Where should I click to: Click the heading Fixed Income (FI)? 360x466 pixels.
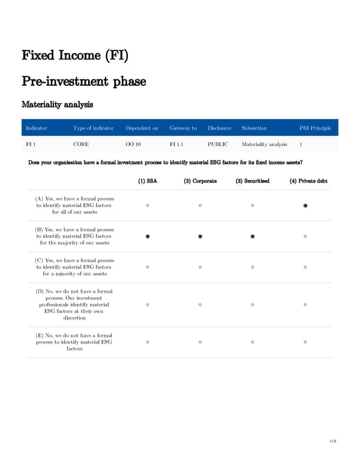75,56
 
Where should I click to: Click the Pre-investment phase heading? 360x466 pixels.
83,80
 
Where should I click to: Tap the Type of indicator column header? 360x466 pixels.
93,128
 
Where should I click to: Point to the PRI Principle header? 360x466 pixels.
316,128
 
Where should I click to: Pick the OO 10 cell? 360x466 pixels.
133,144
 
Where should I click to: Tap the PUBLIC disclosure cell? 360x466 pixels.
218,144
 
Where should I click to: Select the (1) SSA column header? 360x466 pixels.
147,181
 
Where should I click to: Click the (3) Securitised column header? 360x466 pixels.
252,181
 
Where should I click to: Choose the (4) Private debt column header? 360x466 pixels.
305,181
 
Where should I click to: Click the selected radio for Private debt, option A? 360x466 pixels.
305,206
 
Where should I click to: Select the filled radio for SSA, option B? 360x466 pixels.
147,236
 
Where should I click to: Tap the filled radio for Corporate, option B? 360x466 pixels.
200,236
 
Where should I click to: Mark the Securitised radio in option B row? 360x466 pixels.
253,236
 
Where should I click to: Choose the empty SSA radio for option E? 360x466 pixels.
147,342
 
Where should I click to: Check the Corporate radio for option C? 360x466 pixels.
200,267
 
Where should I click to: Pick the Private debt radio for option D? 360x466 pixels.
305,304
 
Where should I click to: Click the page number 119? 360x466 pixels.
333,441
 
